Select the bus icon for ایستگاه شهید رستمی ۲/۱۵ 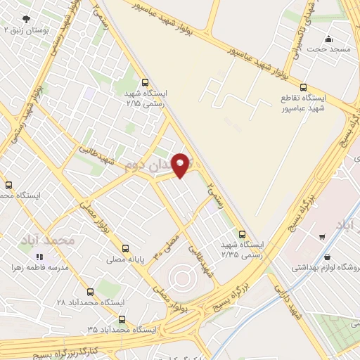click(145, 82)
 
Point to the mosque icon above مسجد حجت click(328, 39)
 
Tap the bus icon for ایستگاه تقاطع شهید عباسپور click(303, 88)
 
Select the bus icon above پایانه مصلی click(125, 248)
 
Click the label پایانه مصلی click(124, 259)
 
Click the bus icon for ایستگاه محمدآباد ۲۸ click(89, 292)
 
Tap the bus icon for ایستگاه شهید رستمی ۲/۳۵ click(243, 234)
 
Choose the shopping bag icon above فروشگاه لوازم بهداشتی click(327, 258)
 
